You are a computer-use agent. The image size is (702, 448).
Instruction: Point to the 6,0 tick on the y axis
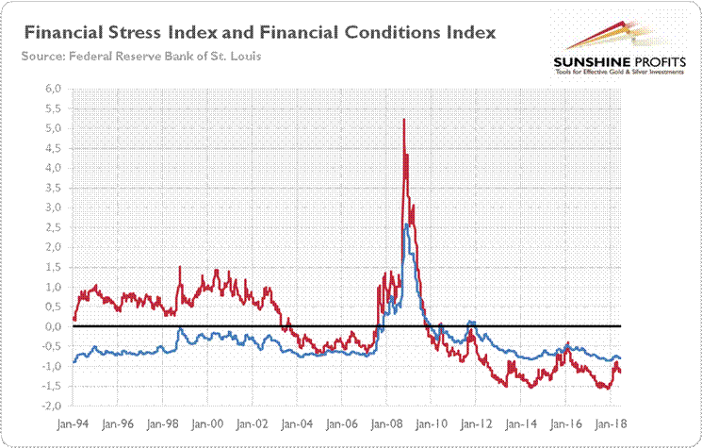coord(53,89)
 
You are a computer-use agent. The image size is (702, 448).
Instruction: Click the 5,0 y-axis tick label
coord(53,128)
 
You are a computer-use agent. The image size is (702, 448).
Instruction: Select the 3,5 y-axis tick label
coord(53,188)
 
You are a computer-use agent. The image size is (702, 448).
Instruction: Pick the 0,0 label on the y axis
coord(53,326)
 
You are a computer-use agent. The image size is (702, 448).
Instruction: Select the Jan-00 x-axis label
coord(208,426)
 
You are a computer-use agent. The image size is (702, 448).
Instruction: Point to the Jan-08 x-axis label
coord(387,426)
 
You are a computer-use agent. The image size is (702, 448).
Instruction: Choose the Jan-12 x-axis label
coord(477,426)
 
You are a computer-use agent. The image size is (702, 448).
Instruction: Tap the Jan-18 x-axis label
coord(611,426)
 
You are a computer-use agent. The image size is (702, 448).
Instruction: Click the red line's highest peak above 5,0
coord(404,120)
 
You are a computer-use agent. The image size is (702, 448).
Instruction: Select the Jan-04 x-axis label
coord(298,426)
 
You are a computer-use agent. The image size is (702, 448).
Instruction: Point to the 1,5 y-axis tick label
coord(53,267)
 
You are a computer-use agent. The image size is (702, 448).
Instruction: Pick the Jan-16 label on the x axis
coord(565,426)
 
